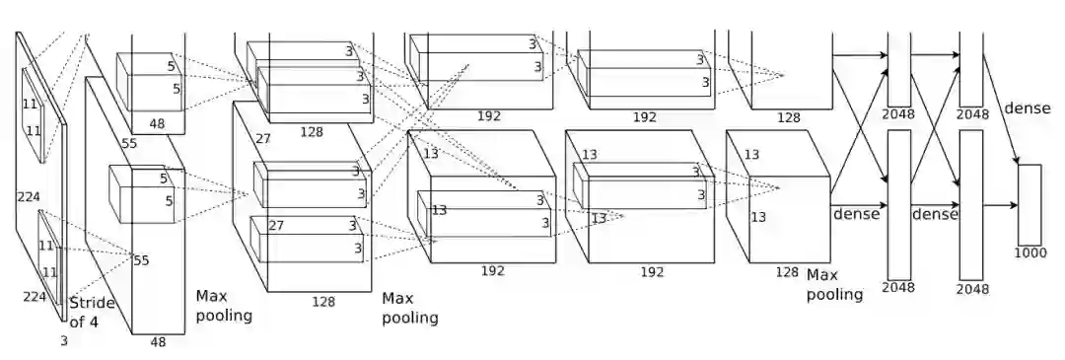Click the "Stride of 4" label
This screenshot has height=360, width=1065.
tap(93, 313)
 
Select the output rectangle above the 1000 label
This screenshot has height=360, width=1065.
tap(1029, 204)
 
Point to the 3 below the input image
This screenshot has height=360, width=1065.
tap(64, 341)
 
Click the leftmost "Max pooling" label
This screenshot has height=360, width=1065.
tap(224, 306)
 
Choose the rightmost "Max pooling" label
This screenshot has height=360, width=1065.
tap(834, 285)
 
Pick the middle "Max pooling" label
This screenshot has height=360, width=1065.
tap(409, 309)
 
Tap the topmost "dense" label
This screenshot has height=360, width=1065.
tap(1027, 108)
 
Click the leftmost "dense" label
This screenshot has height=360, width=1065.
tap(856, 214)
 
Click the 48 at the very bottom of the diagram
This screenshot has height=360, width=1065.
tap(158, 341)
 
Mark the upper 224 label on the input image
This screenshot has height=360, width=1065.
tap(29, 197)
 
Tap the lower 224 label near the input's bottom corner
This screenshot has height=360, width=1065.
tap(35, 296)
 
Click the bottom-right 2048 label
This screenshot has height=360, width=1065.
tap(972, 289)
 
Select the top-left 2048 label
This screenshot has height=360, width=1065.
tap(898, 114)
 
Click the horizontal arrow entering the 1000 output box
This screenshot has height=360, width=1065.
tap(1001, 204)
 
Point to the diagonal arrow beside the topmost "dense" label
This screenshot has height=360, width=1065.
tap(1001, 109)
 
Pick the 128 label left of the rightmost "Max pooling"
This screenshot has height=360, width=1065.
tap(787, 272)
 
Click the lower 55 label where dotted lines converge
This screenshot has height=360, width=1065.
tap(141, 260)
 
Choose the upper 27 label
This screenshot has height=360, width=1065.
tap(263, 138)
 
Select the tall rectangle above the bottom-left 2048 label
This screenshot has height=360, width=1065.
tap(899, 204)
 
